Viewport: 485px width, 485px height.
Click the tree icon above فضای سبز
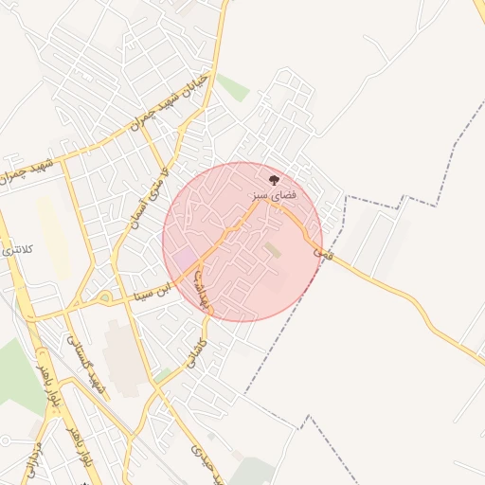coord(274,179)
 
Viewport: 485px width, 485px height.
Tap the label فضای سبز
coord(274,193)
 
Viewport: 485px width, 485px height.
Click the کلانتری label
coord(19,249)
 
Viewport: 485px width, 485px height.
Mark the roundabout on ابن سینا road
coord(103,302)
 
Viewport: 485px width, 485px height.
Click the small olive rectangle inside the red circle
coord(273,250)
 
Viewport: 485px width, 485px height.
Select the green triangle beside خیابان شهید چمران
coord(233,88)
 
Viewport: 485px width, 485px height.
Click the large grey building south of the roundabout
coord(121,355)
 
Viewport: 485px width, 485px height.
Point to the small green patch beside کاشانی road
coord(162,375)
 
